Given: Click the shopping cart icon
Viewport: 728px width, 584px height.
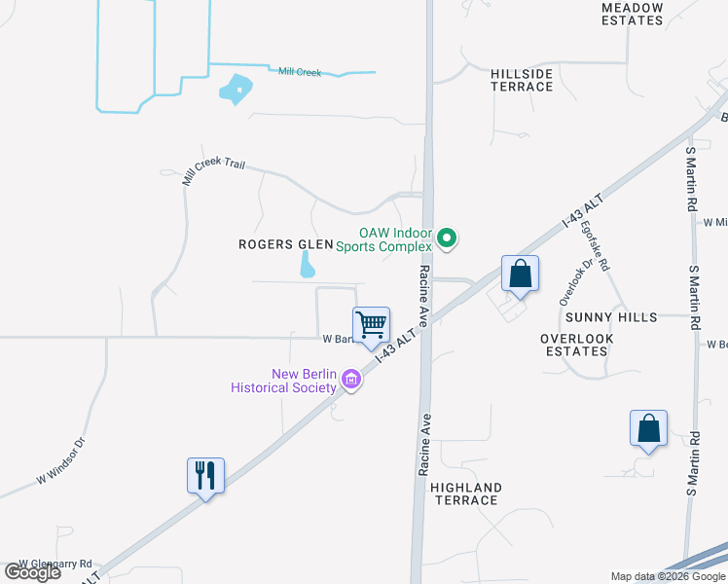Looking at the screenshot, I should point(371,325).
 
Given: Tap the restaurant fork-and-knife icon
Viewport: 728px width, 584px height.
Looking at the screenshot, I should point(205,476).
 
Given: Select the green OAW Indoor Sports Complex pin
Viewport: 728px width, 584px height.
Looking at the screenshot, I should point(447,237).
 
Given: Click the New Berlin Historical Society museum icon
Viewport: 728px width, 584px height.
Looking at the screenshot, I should point(351,383).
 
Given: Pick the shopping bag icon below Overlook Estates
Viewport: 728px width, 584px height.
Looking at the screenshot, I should point(648,428).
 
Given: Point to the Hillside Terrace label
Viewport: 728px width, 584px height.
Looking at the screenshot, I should point(522,80).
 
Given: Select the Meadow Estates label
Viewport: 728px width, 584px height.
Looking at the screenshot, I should point(631,14).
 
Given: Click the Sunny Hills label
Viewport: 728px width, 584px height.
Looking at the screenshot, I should point(610,317).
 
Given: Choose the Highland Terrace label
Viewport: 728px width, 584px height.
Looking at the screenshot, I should point(465,493).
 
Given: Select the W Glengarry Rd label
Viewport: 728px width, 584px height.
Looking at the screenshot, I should point(55,564).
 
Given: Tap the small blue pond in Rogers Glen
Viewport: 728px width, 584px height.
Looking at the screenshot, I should point(308,264).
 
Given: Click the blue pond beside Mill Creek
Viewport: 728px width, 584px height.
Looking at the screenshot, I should point(236,91).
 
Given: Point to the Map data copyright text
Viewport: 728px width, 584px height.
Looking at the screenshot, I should point(668,576).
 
